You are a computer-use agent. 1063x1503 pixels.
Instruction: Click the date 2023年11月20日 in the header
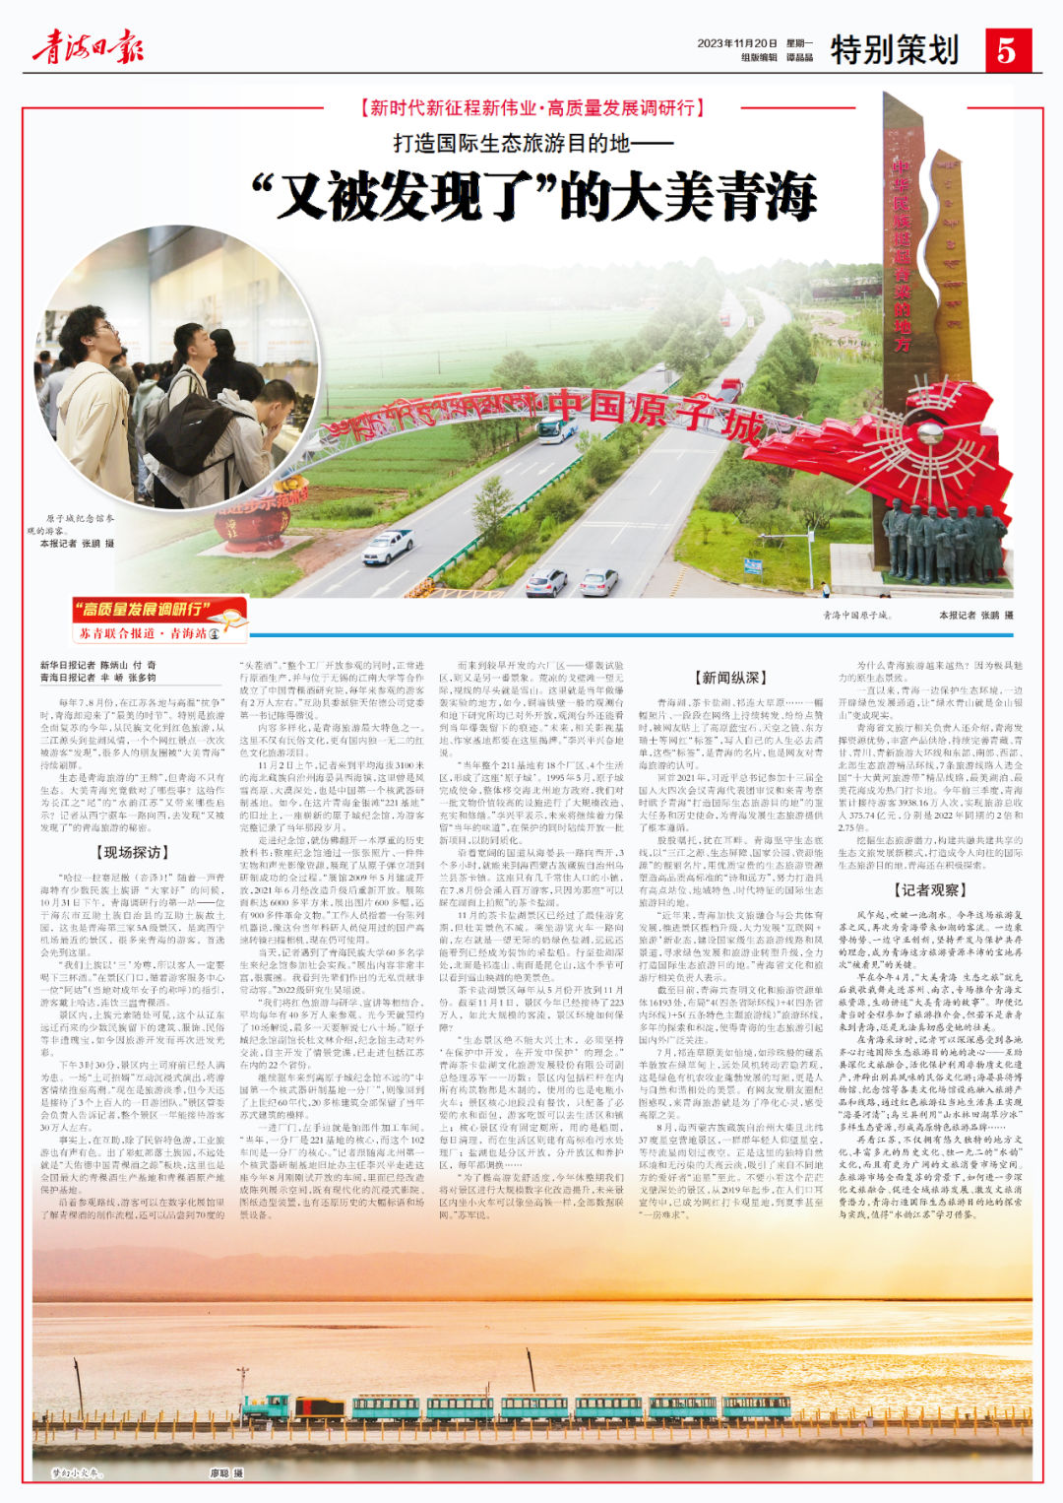pyautogui.click(x=737, y=43)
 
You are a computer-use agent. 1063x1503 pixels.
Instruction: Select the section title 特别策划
pyautogui.click(x=894, y=49)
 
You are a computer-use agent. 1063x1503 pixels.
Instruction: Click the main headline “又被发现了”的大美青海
pyautogui.click(x=534, y=196)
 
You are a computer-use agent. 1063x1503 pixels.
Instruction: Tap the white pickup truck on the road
pyautogui.click(x=388, y=546)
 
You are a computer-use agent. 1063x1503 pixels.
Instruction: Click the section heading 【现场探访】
pyautogui.click(x=131, y=852)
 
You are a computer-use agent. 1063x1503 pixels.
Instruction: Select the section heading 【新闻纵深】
pyautogui.click(x=729, y=678)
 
